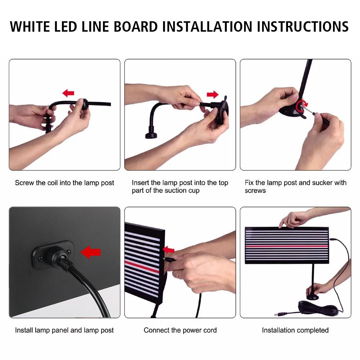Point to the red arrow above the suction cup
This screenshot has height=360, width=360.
coord(213,95)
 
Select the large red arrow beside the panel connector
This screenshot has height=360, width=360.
coord(91,252)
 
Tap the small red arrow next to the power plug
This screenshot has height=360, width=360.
coord(168,250)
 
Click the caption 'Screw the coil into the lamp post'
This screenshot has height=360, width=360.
coord(64,183)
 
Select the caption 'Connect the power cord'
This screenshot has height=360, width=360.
coord(180,330)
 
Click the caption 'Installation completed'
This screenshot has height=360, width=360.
coord(295,330)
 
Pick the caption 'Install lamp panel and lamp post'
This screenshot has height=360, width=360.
coord(64,330)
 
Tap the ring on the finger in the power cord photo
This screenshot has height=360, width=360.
coord(177,275)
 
